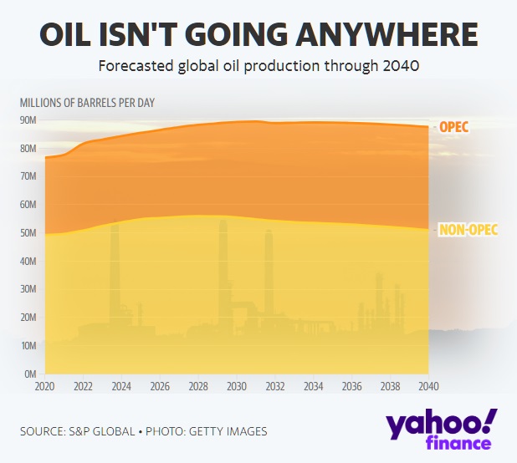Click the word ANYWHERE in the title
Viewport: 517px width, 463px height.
point(386,34)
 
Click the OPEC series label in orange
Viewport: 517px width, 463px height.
point(454,127)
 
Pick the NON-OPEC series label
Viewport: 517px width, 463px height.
point(468,230)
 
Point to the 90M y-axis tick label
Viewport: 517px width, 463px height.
point(28,120)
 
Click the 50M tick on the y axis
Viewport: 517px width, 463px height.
point(28,233)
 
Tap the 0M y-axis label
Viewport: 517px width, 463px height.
point(31,374)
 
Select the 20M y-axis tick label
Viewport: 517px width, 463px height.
point(28,318)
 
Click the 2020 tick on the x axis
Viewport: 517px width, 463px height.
point(45,386)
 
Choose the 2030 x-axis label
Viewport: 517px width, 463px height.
point(237,386)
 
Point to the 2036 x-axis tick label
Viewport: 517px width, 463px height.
point(352,386)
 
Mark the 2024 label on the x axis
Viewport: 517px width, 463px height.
point(121,386)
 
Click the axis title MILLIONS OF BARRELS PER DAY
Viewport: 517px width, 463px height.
point(87,103)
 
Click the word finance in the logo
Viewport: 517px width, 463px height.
point(458,443)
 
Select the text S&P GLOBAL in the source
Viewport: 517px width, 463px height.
point(101,431)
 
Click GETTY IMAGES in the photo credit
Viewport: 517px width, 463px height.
point(228,431)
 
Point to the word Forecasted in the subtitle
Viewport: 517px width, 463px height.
point(136,66)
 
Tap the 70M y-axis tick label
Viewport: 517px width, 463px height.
point(28,176)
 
